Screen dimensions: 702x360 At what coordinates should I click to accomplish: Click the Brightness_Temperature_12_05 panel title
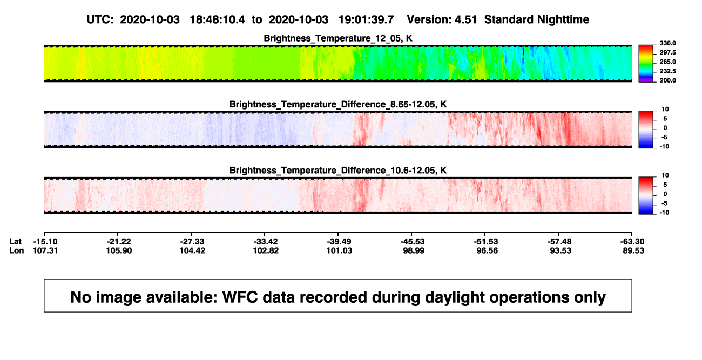(338, 38)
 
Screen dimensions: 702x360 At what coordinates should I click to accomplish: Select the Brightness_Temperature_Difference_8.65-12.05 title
(338, 104)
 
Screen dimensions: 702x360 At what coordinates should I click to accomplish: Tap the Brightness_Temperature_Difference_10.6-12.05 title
(338, 171)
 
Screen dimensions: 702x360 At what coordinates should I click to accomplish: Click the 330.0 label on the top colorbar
(667, 43)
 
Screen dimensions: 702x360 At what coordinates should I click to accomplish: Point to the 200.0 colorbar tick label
(667, 80)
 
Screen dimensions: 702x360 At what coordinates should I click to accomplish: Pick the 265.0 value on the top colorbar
(667, 62)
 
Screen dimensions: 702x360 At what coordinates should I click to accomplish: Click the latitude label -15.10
(45, 242)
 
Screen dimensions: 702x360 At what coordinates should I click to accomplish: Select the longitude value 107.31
(45, 250)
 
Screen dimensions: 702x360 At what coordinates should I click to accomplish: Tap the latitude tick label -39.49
(339, 242)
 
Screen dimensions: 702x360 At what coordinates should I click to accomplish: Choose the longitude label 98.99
(413, 250)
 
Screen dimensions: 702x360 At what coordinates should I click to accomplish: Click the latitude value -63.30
(632, 242)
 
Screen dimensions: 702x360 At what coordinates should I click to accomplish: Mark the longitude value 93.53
(561, 250)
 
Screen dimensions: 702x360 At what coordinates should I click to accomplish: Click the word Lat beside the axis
(15, 242)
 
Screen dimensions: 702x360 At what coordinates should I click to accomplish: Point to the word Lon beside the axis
(17, 250)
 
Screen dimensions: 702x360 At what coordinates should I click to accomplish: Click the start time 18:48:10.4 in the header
(218, 20)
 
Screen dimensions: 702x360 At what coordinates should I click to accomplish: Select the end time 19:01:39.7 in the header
(366, 20)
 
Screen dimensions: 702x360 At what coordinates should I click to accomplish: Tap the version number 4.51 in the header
(465, 20)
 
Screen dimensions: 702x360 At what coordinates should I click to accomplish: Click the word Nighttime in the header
(563, 20)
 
